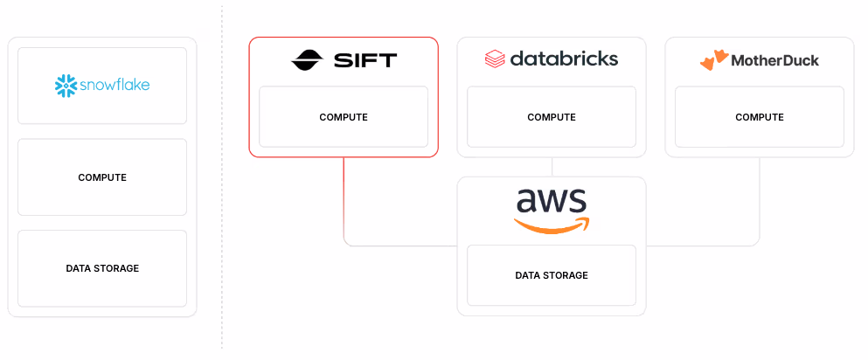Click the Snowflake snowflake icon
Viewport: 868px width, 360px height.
[x=66, y=86]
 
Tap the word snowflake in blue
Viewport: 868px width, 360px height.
[x=115, y=86]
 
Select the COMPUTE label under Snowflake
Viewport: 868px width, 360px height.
[x=102, y=177]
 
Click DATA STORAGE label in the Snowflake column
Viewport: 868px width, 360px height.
[x=102, y=268]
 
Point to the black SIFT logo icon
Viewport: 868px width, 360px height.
[x=307, y=59]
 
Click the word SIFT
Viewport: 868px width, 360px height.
[x=365, y=59]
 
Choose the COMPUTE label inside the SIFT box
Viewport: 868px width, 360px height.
[x=344, y=117]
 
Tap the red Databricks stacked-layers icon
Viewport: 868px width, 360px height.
[x=495, y=59]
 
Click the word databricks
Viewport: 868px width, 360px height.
[x=564, y=58]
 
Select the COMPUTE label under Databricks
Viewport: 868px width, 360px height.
[x=552, y=117]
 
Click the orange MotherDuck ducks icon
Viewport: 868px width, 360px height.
[x=713, y=59]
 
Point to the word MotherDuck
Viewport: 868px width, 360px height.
[x=775, y=60]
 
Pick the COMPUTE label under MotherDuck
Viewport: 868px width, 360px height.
[x=760, y=117]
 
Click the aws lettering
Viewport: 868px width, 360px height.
[x=552, y=201]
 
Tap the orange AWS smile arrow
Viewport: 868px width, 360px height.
[x=552, y=225]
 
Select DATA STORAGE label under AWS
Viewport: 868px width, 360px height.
[x=552, y=275]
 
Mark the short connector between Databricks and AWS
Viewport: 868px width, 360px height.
[x=552, y=167]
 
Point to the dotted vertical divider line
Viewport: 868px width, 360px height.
[x=222, y=177]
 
